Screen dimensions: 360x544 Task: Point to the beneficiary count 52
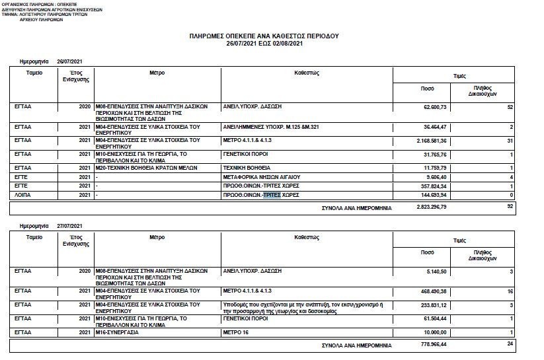(510, 106)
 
